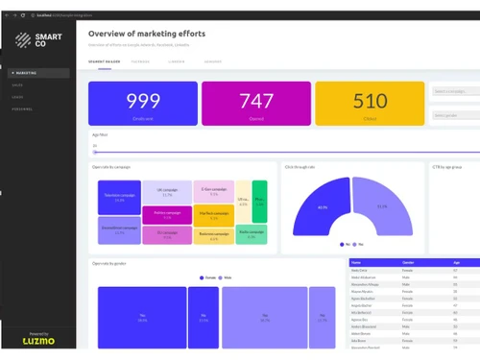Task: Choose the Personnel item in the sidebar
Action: pos(22,108)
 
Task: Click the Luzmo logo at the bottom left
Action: pos(38,341)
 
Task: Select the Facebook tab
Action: pos(140,60)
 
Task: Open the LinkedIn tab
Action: pos(176,60)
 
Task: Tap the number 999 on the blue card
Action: pos(143,101)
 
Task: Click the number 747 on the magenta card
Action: pos(256,101)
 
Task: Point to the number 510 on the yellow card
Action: pos(370,101)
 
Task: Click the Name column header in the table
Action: pos(358,262)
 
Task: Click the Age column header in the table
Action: pos(455,262)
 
